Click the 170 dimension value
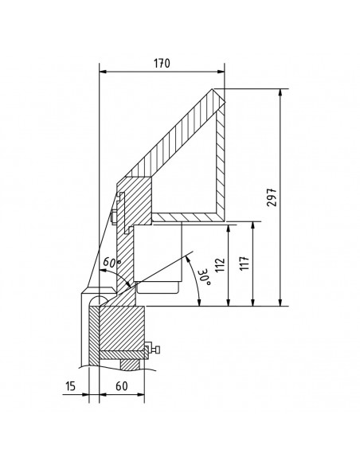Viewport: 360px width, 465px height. point(162,64)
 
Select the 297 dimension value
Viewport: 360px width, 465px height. point(272,197)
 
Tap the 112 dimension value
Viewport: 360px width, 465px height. point(220,265)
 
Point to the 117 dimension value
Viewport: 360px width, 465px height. point(245,263)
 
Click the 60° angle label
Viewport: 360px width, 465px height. point(112,262)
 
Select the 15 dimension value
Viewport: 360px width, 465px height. point(71,387)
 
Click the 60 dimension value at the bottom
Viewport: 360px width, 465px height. point(122,386)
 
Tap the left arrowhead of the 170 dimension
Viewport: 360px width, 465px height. point(103,72)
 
